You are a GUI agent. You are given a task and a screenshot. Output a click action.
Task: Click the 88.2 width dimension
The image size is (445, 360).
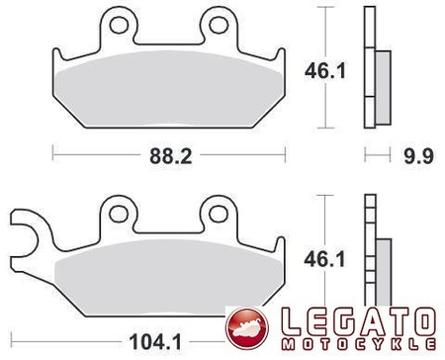click(170, 156)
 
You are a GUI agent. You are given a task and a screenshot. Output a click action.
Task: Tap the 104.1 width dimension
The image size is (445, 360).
click(155, 342)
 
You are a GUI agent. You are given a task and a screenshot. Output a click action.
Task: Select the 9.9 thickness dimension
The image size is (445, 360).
click(418, 156)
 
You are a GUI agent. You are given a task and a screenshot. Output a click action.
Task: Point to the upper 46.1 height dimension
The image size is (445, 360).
click(325, 71)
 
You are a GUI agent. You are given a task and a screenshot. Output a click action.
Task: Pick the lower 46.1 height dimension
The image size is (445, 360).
click(324, 259)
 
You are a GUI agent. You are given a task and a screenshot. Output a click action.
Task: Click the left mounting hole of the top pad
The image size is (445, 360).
click(119, 25)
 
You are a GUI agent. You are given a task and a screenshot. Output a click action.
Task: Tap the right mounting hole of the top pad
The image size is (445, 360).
click(219, 25)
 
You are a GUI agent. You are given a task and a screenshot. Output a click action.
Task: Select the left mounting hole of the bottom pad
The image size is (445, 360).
click(119, 214)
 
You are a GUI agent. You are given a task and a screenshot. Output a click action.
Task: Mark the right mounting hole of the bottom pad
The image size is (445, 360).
click(219, 214)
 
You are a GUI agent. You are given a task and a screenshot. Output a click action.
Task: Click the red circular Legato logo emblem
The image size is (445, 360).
click(247, 327)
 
